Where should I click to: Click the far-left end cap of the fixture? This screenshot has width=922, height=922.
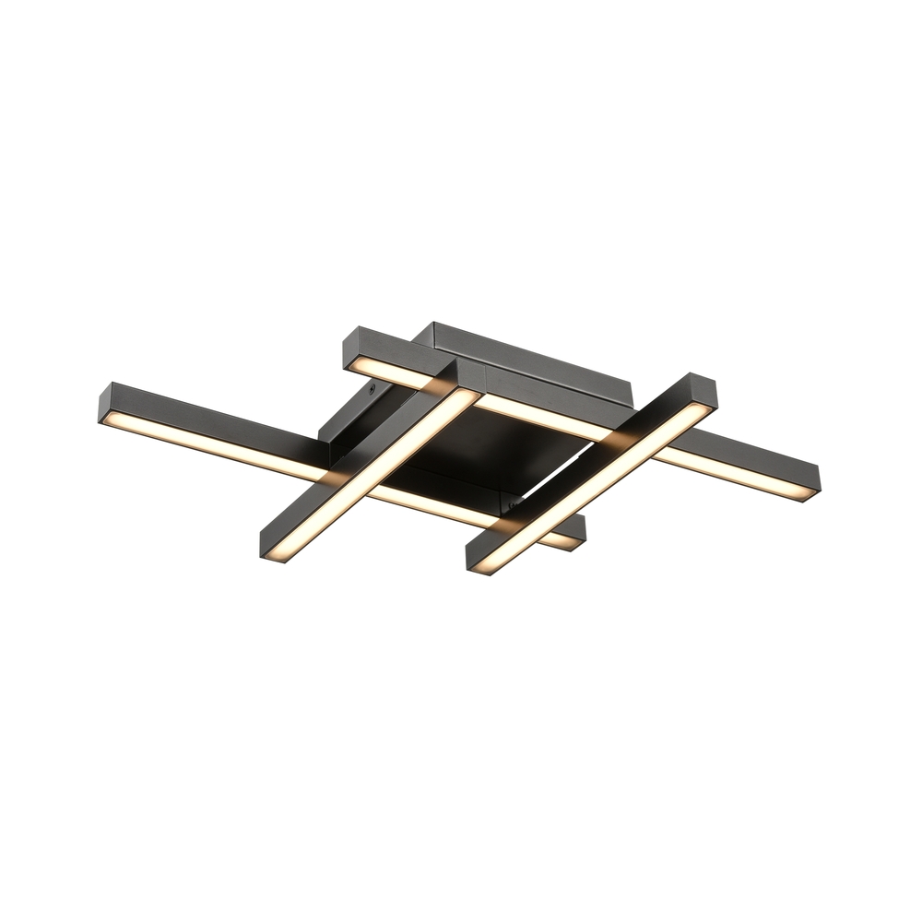tap(102, 406)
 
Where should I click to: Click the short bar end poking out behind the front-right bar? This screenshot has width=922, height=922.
tap(579, 535)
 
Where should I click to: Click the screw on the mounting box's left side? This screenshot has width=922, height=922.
tap(371, 391)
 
